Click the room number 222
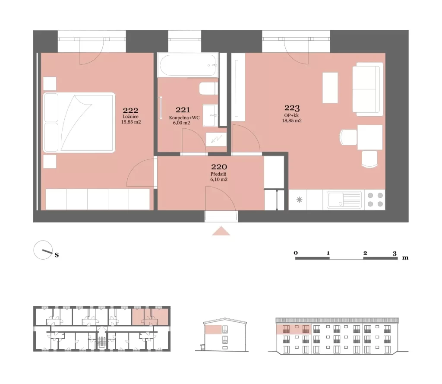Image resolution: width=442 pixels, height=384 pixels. pos(130,110)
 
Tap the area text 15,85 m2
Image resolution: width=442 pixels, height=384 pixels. pos(131,122)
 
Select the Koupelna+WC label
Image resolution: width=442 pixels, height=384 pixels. pos(184,117)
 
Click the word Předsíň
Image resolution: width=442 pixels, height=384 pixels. pos(218,174)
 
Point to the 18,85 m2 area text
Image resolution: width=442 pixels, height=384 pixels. pos(292,121)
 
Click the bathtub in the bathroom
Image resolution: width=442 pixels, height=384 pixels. pos(188,65)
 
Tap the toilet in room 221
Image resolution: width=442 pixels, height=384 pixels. pos(208,89)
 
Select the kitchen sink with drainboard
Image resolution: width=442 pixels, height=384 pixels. pos(344,200)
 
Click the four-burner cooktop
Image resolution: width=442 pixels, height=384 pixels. pos(375,200)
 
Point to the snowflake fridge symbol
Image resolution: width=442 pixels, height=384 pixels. pos(299,200)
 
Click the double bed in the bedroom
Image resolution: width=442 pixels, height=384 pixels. pos(79,123)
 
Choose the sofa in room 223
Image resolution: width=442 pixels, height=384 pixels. pos(368,89)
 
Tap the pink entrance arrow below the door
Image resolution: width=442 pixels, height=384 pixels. pos(221,231)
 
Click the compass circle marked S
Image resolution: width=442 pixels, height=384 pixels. pos(43,250)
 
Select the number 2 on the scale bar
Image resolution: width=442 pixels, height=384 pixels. pos(365,253)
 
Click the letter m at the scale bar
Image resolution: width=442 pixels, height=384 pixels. pos(405,257)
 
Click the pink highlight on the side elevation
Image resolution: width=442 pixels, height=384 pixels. pos(213,330)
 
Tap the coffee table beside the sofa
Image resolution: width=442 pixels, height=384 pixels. pos(330,88)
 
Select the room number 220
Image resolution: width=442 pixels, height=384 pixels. pos(219,167)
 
